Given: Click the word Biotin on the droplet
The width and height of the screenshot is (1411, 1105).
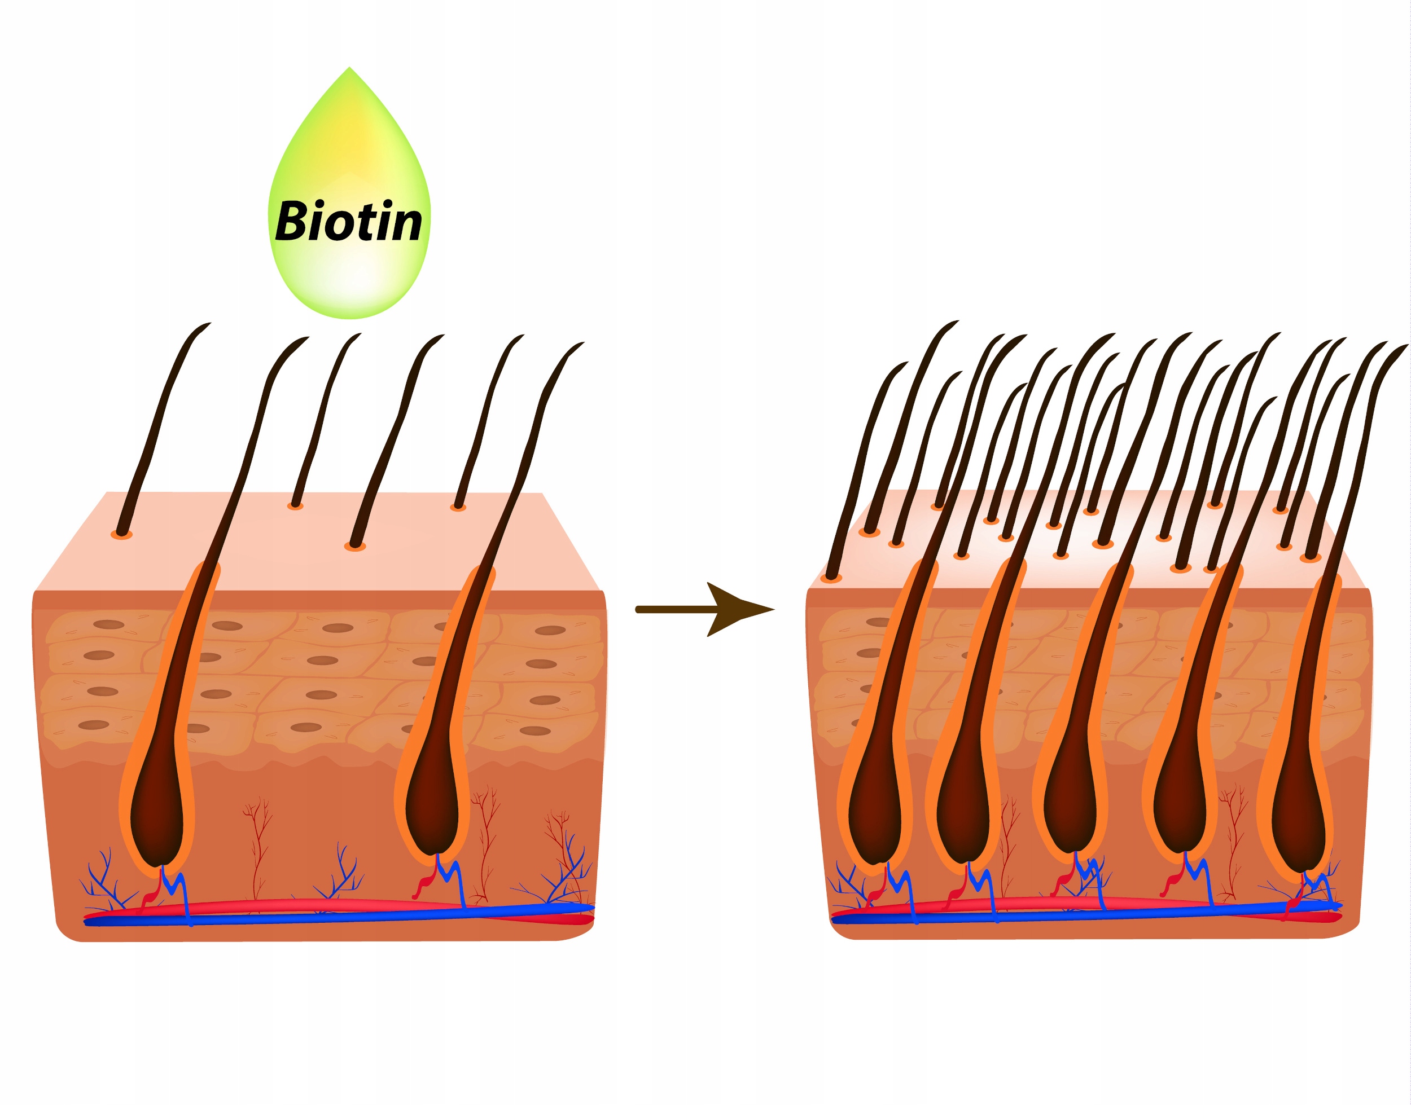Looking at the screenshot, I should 349,222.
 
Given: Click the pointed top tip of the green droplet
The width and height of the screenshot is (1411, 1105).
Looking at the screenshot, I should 349,69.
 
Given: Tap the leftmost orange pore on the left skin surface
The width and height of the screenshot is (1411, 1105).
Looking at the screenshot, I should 122,534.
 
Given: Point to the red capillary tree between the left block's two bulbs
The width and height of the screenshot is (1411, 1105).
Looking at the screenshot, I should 257,841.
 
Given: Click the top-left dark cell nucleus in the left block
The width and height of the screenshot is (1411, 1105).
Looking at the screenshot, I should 109,624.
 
